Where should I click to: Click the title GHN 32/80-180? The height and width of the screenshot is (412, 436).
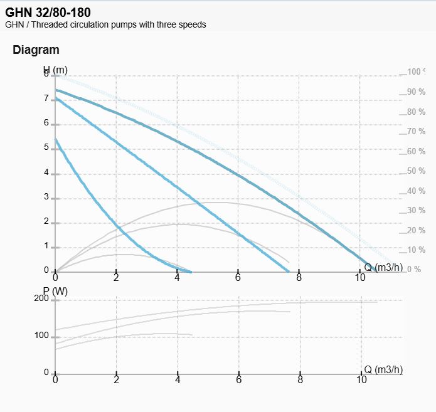click(x=48, y=12)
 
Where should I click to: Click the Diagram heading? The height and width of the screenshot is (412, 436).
click(x=36, y=50)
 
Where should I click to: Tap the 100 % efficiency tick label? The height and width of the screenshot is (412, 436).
click(x=416, y=72)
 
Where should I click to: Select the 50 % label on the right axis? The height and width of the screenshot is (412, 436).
click(x=416, y=171)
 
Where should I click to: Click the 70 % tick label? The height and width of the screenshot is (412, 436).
click(x=416, y=132)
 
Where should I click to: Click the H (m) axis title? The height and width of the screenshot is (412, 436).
click(x=55, y=70)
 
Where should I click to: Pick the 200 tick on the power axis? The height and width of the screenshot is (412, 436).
click(x=41, y=298)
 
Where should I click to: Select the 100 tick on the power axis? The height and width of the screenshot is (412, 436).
click(x=41, y=336)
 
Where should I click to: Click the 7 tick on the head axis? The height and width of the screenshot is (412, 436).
click(x=46, y=98)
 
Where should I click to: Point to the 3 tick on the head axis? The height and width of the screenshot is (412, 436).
click(x=46, y=197)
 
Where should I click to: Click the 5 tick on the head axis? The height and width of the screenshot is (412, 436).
click(x=46, y=148)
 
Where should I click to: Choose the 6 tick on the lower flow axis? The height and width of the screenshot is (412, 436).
click(x=239, y=380)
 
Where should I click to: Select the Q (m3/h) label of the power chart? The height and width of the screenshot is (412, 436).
click(x=383, y=370)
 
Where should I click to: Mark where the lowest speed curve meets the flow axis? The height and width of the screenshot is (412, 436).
click(x=190, y=272)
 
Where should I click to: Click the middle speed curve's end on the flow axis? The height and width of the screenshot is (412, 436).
click(x=289, y=272)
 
